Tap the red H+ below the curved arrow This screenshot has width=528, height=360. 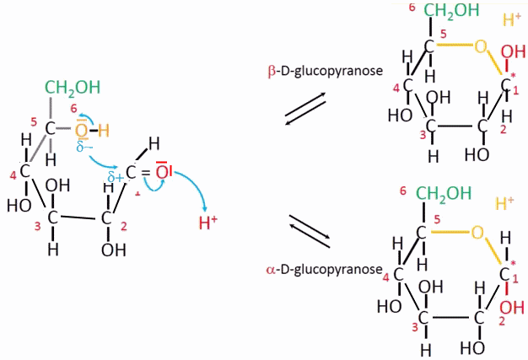pos(207,223)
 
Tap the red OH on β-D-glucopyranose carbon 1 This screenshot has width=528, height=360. pos(510,56)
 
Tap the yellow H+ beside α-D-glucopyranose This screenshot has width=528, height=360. pos(507,203)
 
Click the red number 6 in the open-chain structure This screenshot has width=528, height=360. pos(73,109)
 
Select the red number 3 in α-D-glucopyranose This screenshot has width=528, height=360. pos(415,327)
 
